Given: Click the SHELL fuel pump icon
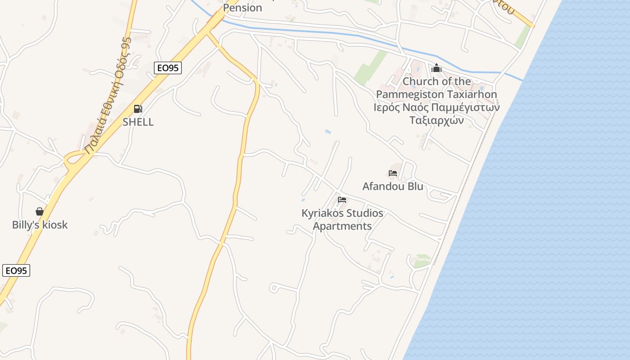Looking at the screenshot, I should [x=138, y=108].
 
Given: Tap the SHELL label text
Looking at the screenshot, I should [x=138, y=122].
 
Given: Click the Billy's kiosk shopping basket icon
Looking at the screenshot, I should [x=40, y=211].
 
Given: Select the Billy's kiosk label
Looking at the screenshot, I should [x=40, y=225].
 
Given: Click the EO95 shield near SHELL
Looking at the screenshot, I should [x=167, y=68].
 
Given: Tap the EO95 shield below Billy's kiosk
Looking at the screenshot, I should [x=16, y=270].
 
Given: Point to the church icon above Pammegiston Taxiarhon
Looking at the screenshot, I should [x=436, y=68].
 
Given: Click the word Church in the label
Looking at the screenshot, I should [x=420, y=81].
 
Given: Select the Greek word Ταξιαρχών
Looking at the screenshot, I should [x=436, y=120].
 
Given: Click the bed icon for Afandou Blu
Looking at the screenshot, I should [x=393, y=173].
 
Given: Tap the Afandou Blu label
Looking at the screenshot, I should [x=393, y=186].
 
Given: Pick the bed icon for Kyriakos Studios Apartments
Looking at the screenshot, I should [x=342, y=200].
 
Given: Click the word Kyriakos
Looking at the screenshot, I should [x=323, y=213].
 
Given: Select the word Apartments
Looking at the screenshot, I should [x=342, y=226].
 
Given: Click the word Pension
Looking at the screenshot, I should [x=243, y=8].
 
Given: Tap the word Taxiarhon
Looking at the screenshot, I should [x=470, y=94].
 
